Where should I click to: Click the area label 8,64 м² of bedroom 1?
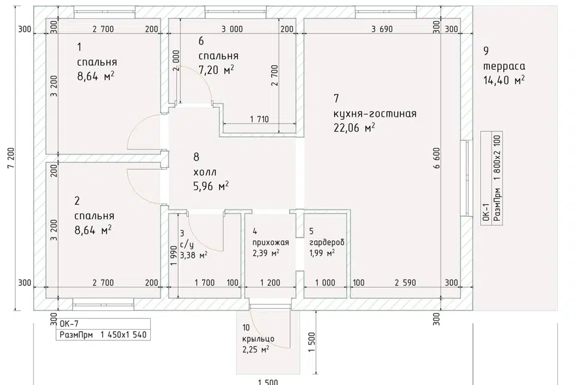(x=96, y=76)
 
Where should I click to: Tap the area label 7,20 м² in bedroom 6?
(x=216, y=70)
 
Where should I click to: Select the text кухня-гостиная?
(x=375, y=114)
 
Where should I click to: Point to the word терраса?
(x=504, y=66)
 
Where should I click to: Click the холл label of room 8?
(x=205, y=172)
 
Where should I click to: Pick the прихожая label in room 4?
(x=270, y=242)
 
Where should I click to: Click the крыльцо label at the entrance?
(x=258, y=339)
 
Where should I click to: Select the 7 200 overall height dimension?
(x=11, y=158)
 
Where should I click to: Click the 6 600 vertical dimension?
(x=436, y=158)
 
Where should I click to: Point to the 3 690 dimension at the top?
(x=382, y=29)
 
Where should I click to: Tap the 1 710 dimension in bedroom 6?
(x=259, y=119)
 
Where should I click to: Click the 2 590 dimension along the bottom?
(x=405, y=283)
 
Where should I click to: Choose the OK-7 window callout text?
(x=69, y=324)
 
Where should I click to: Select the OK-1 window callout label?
(x=486, y=211)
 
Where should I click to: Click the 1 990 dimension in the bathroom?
(x=174, y=255)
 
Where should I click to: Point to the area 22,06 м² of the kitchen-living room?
(x=354, y=128)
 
